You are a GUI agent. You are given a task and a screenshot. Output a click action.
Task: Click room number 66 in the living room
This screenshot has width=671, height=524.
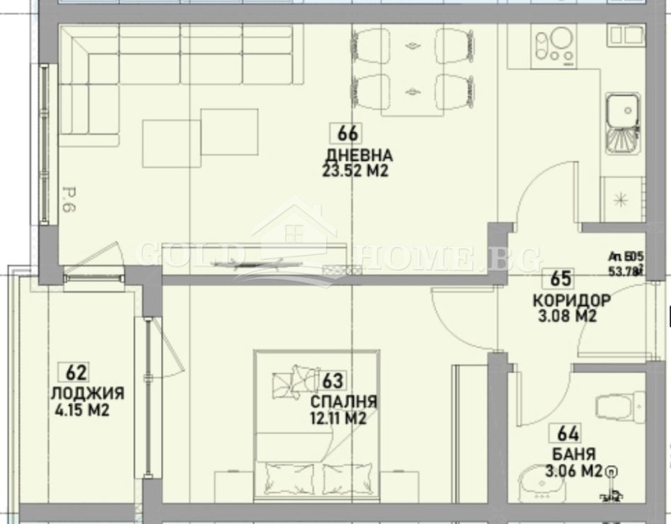pos(348,132)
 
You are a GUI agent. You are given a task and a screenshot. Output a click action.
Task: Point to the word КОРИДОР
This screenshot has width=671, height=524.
pos(571,300)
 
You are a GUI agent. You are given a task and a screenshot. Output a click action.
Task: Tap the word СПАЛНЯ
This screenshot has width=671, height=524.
pos(343,402)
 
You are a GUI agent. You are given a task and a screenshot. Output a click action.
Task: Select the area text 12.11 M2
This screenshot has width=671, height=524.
pos(339,419)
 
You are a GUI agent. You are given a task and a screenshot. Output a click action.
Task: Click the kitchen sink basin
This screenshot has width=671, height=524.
pos(622,109)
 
